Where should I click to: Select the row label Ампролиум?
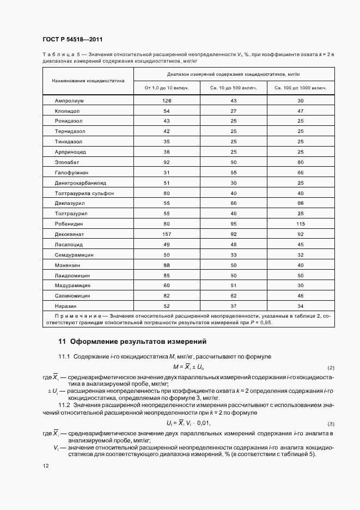click(68, 101)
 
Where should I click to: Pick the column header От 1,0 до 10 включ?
click(167, 87)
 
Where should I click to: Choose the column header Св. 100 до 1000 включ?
click(301, 87)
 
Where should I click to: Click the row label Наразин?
click(65, 306)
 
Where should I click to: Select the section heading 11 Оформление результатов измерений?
click(132, 342)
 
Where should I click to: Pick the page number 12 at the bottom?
click(46, 466)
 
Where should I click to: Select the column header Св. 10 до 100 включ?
click(234, 87)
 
